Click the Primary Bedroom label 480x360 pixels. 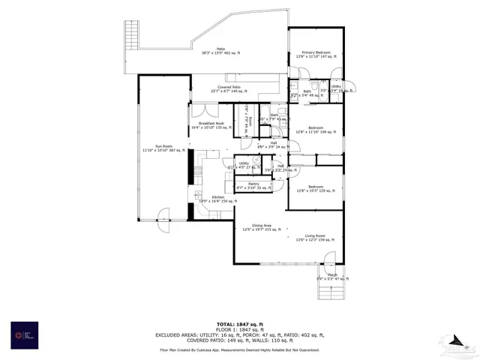click(314, 53)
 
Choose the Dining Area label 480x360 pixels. click(261, 227)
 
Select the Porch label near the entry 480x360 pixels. click(332, 277)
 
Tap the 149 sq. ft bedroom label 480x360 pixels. click(314, 130)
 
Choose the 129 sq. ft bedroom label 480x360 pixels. click(314, 189)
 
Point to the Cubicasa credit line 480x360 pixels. click(239, 350)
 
